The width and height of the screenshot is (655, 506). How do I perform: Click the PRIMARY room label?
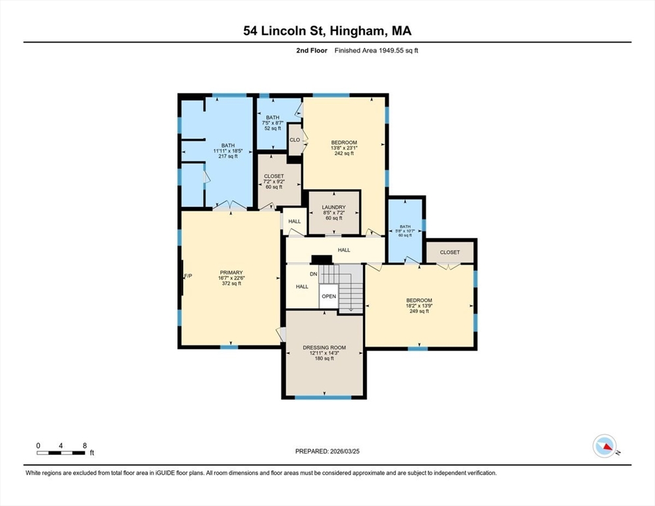[x=231, y=272]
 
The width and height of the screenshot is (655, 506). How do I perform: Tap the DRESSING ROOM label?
[x=324, y=347]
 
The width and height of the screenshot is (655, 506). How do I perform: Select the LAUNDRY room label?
[x=334, y=208]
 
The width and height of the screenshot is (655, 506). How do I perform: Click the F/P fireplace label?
[x=188, y=276]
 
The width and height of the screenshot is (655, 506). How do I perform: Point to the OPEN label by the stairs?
[x=329, y=296]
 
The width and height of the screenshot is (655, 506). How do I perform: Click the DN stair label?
[x=313, y=274]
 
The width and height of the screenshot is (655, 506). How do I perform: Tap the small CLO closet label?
[x=295, y=140]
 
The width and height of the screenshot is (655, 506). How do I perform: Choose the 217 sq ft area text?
[x=228, y=156]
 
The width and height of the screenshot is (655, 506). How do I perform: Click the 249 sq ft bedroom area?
[x=419, y=311]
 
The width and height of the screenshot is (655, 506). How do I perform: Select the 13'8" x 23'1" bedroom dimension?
[x=344, y=148]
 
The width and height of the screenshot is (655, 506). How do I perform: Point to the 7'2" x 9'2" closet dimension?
[x=274, y=182]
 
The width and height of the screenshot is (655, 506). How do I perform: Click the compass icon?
[x=604, y=446]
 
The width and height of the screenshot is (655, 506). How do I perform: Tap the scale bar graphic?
[x=61, y=453]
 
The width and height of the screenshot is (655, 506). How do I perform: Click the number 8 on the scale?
[x=85, y=446]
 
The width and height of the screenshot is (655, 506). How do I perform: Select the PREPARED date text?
[x=327, y=451]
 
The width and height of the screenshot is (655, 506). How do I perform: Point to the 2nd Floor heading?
[x=312, y=51]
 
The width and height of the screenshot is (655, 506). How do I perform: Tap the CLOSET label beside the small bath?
[x=450, y=252]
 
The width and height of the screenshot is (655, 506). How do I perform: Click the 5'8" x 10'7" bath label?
[x=405, y=231]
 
